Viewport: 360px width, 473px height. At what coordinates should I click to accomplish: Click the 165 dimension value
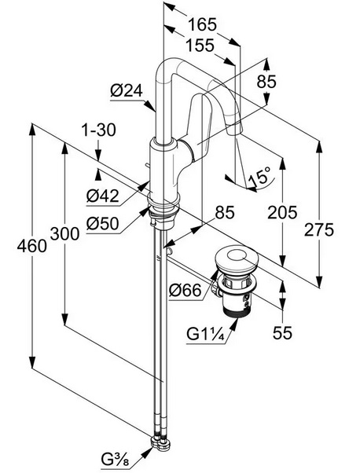tap(202, 24)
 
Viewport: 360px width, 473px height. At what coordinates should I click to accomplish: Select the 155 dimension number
tap(200, 46)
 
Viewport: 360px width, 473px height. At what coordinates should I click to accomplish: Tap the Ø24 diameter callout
tap(127, 90)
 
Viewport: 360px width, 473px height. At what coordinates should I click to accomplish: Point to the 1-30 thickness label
tap(98, 130)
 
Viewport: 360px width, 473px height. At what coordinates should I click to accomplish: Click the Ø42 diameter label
tap(103, 196)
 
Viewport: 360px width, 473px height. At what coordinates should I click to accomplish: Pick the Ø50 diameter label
tap(103, 224)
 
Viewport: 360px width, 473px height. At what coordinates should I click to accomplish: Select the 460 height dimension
tap(32, 246)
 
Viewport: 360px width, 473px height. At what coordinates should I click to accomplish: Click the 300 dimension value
tap(64, 234)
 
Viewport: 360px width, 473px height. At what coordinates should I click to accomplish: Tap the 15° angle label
tap(259, 177)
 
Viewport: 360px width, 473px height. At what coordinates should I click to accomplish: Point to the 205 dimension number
tap(282, 212)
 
